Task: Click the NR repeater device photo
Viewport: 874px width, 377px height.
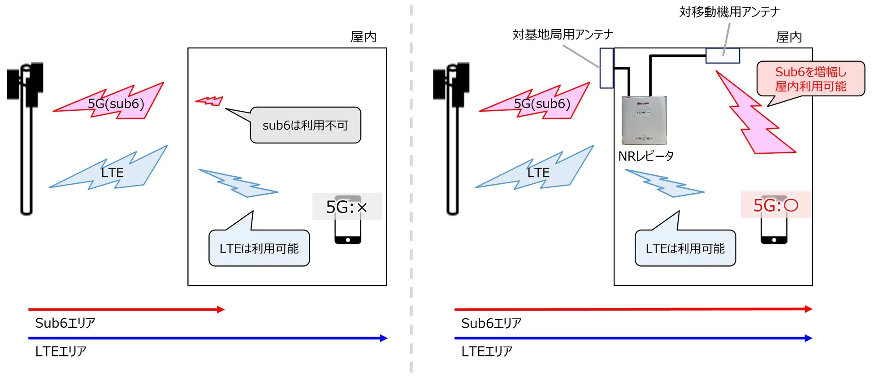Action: (644, 120)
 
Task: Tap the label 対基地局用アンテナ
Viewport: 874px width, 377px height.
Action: (562, 35)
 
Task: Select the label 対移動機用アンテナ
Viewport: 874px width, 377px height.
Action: (729, 12)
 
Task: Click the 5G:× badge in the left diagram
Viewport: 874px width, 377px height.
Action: (347, 207)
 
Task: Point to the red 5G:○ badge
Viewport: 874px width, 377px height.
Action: (775, 205)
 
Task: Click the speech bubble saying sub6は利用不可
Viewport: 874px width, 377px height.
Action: (305, 126)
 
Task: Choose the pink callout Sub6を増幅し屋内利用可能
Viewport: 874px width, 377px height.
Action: (810, 79)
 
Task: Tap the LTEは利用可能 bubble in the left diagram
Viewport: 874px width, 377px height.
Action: (259, 248)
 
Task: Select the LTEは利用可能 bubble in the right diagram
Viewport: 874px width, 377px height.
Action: (685, 248)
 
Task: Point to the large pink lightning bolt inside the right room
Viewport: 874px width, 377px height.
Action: (753, 117)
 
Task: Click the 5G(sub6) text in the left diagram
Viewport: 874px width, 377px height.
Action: (116, 104)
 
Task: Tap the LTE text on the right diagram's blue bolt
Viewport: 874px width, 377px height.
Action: (538, 173)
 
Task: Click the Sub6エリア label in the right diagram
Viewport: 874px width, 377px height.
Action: (491, 323)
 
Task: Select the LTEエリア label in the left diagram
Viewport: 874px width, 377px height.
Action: (61, 351)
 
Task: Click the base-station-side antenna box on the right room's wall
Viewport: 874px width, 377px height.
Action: (606, 68)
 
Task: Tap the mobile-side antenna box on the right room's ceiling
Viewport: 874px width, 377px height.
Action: (723, 56)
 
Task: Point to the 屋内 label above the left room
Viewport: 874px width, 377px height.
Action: (363, 37)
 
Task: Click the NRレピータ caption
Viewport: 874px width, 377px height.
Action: (646, 156)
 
